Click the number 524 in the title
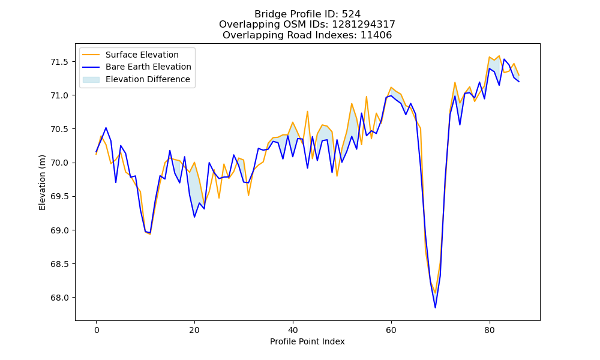[351, 14]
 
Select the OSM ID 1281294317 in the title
[364, 25]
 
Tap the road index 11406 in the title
[376, 35]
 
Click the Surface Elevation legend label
[142, 55]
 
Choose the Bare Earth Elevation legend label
[148, 67]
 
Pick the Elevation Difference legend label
[148, 79]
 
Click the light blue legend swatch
[91, 79]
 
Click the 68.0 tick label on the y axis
[59, 298]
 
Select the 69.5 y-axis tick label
[59, 197]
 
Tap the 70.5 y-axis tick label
[59, 129]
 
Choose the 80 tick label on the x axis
[490, 330]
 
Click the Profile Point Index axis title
[307, 341]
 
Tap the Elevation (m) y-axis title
[42, 182]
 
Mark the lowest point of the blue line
[435, 308]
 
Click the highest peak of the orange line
[499, 56]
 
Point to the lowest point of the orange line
[435, 293]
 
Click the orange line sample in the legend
[91, 55]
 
